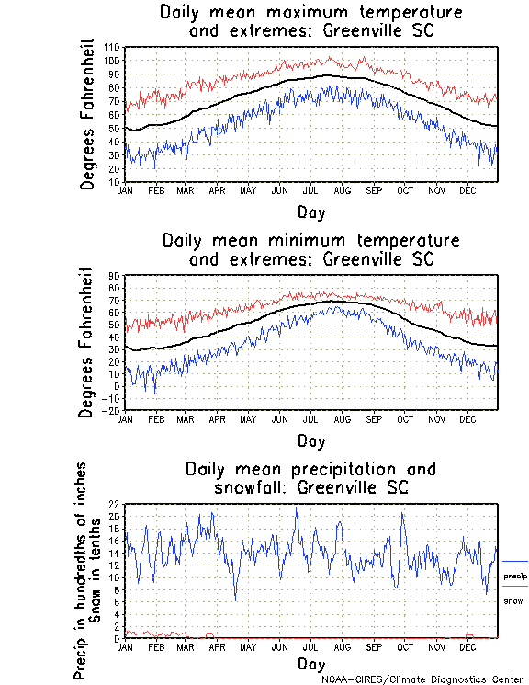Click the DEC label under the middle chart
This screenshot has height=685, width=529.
pos(467,418)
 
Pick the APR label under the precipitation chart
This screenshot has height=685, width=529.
pos(218,646)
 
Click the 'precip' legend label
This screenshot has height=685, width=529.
pos(515,576)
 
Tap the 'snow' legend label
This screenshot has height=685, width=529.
pos(512,600)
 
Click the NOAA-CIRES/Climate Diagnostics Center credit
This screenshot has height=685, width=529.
pos(422,679)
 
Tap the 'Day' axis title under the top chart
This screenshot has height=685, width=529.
pos(310,211)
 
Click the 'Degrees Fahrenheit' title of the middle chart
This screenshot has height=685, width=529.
pos(87,342)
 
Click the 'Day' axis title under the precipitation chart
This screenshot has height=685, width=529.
pos(310,664)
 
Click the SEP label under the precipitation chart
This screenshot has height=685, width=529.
pos(374,646)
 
